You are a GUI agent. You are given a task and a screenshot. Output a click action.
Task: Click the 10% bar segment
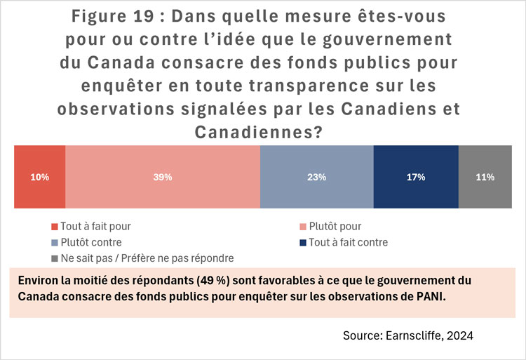[40, 178]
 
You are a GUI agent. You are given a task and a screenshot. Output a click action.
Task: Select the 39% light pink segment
[163, 178]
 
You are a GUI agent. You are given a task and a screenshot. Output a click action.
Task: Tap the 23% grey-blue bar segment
[316, 178]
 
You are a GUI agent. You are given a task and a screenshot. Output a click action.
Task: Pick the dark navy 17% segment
[416, 178]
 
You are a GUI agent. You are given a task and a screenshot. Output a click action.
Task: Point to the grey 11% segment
[485, 178]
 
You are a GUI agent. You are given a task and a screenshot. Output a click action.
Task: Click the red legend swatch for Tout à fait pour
[54, 227]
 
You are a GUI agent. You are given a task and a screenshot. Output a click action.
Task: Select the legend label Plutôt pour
[335, 226]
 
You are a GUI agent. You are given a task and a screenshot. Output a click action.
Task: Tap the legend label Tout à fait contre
[349, 242]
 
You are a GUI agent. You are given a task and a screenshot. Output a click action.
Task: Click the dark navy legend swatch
[303, 243]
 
